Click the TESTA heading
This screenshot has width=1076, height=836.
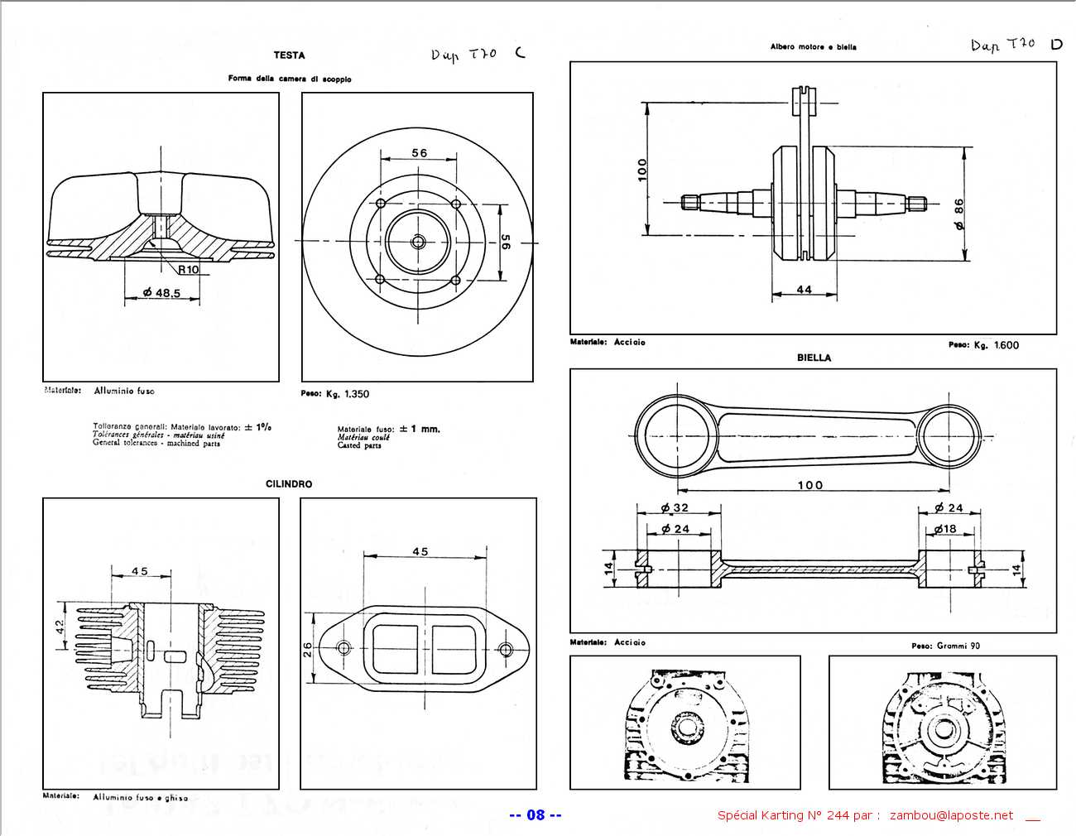289,55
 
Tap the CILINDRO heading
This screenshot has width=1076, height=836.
289,484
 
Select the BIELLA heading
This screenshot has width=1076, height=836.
814,358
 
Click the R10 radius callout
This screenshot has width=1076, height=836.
189,269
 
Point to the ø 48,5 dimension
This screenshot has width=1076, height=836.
161,292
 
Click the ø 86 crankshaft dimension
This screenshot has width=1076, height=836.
958,214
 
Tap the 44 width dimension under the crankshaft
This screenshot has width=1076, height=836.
804,290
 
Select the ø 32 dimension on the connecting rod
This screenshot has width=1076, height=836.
675,508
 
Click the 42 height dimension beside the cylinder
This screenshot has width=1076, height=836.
60,627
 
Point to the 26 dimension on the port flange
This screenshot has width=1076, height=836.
308,649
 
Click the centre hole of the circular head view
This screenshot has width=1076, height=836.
418,242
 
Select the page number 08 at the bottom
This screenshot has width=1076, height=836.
536,815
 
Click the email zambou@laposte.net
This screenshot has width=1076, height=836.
951,816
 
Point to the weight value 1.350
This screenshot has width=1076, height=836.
356,394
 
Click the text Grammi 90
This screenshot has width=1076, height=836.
958,646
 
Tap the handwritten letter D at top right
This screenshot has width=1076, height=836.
1056,45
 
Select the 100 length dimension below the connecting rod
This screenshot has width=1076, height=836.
809,485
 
